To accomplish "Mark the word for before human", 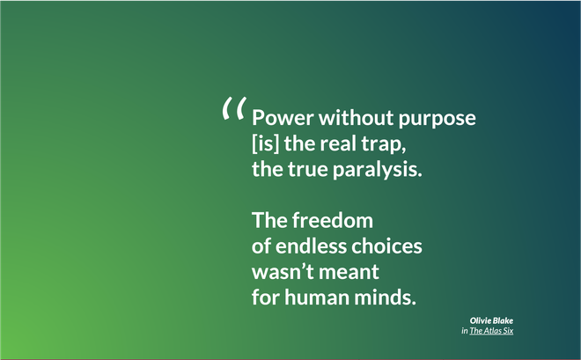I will pyautogui.click(x=266, y=297).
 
